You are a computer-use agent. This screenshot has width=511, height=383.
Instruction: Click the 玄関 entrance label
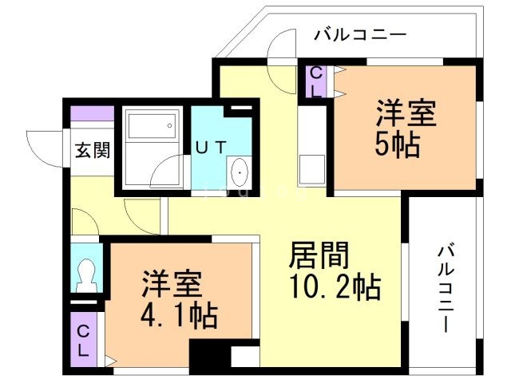pos(88,149)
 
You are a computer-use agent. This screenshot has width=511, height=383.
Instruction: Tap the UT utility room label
pos(210,147)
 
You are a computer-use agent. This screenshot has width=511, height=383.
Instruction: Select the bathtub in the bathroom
pos(150,128)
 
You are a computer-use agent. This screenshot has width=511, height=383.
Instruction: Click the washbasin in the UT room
pos(239,171)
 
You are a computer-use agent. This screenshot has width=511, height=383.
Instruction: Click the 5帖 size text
pos(397,146)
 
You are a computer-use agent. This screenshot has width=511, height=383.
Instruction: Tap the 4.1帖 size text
pos(180,317)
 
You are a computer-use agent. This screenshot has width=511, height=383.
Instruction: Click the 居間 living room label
pos(319,256)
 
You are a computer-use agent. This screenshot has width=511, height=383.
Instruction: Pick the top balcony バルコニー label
pos(360,35)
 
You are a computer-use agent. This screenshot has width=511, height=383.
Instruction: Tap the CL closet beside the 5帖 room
pos(316,81)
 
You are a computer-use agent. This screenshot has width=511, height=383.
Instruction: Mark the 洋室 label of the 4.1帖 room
pos(172,285)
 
